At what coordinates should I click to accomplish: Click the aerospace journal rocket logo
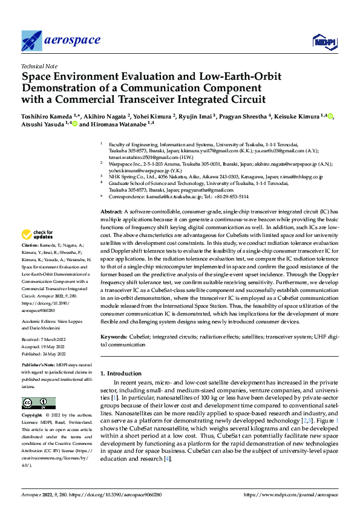click(x=31, y=41)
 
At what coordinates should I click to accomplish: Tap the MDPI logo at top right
click(x=324, y=41)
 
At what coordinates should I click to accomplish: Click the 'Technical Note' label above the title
click(x=36, y=67)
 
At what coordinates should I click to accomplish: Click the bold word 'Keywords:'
click(x=113, y=336)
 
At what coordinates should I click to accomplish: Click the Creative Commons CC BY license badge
click(x=38, y=403)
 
